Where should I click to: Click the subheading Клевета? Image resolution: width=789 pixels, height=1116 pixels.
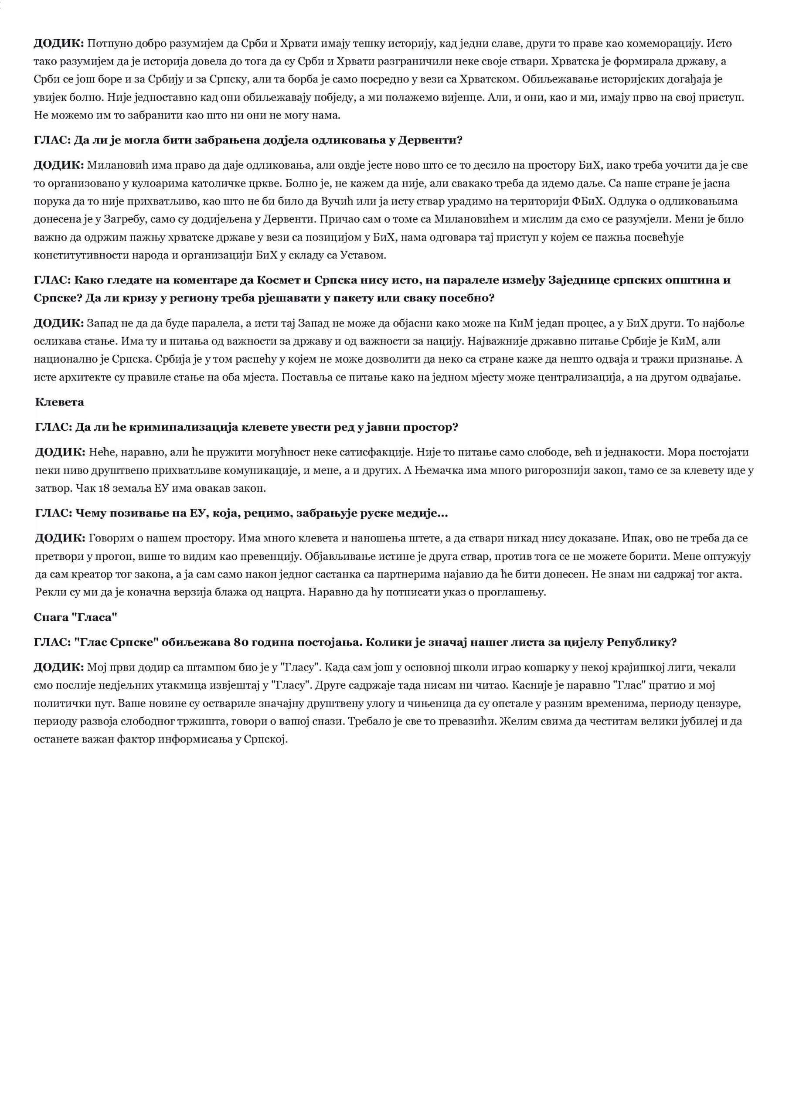(59, 402)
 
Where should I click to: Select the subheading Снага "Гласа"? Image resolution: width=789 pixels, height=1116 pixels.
(76, 617)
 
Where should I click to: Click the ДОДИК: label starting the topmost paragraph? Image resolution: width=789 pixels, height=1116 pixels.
(58, 43)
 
